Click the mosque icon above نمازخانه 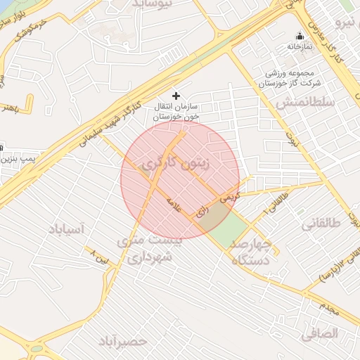pos(300,36)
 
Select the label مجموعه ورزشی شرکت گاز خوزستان pos(288,78)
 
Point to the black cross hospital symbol pos(176,95)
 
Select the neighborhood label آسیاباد pos(67,229)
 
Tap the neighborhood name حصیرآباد pos(124,341)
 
